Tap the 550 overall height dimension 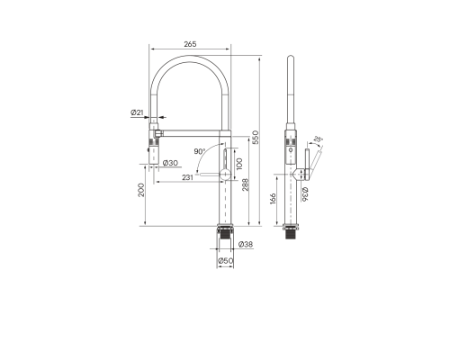tap(256, 137)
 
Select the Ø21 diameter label tap(135, 112)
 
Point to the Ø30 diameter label tap(170, 162)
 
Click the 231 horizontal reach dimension tap(187, 177)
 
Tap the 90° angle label tap(199, 152)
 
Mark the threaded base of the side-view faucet tap(292, 232)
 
